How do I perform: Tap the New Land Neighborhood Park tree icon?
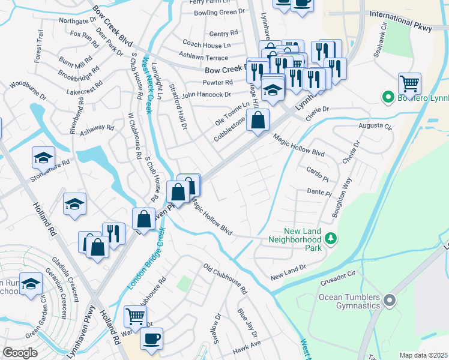point(330,239)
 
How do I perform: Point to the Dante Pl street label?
point(319,193)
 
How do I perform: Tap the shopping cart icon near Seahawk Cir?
point(409,83)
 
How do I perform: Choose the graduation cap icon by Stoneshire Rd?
point(43,157)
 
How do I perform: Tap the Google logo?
point(20,352)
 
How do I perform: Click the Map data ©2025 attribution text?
point(423,355)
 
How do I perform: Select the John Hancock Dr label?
point(206,95)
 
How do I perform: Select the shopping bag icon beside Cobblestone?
point(258,120)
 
